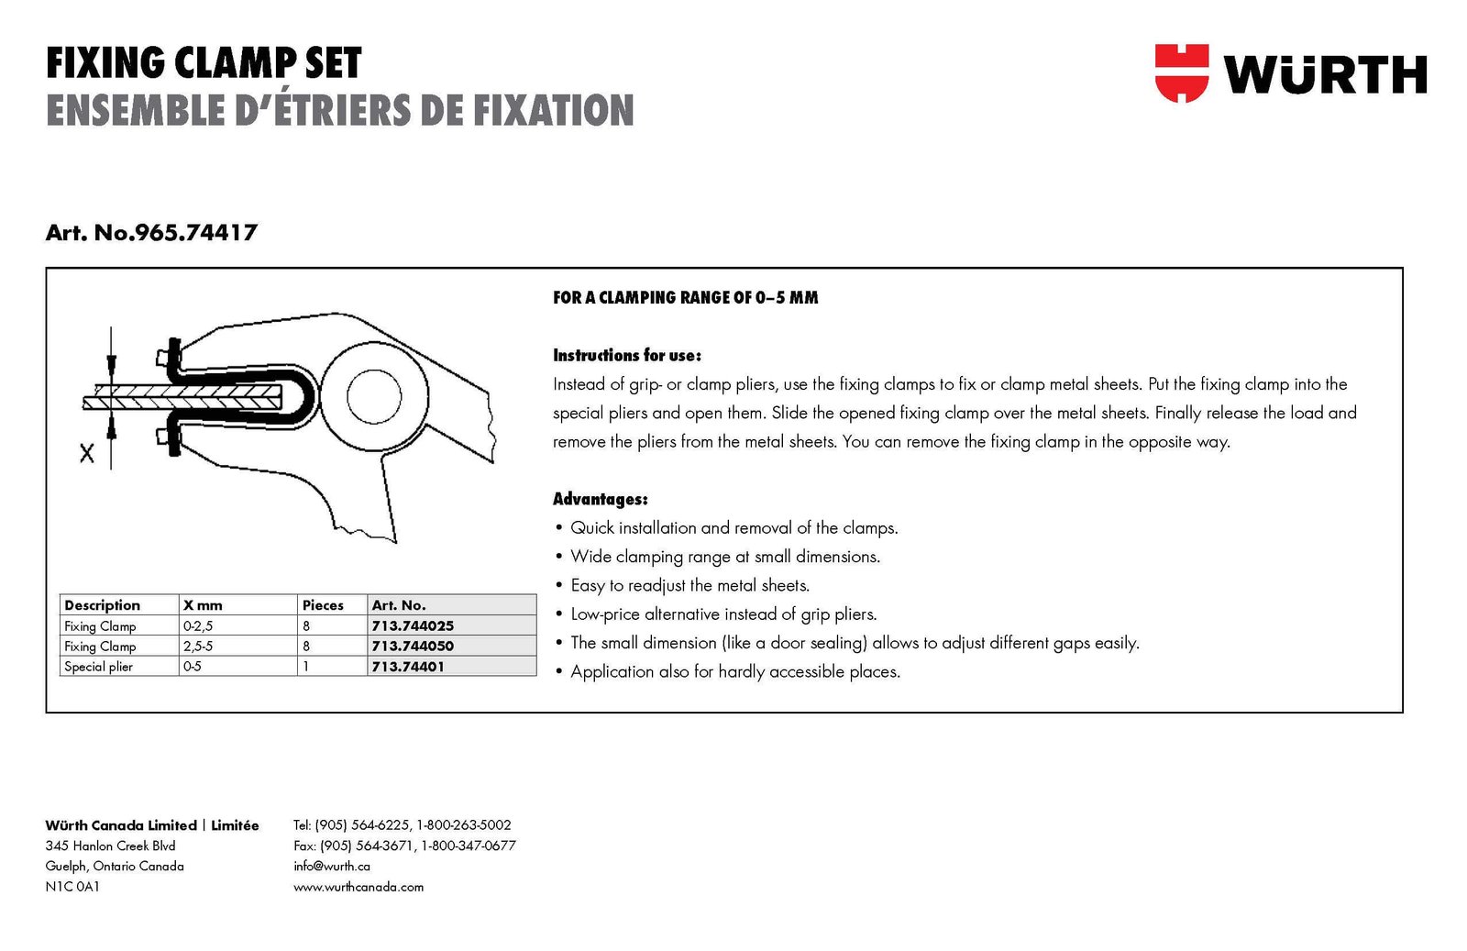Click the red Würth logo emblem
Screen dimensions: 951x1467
(x=1181, y=72)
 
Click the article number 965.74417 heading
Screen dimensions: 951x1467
(x=151, y=233)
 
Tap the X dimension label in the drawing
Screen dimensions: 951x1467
(x=87, y=452)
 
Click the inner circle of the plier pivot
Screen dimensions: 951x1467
(x=374, y=396)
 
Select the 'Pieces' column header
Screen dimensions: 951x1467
(x=323, y=605)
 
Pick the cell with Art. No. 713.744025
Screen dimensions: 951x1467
(x=413, y=625)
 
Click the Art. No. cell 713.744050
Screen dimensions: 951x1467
(x=413, y=646)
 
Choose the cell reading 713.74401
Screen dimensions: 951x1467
(x=407, y=667)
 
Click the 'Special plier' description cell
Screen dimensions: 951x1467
(x=99, y=667)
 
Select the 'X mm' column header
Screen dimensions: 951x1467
(x=203, y=605)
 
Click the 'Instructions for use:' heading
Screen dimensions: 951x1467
(x=627, y=356)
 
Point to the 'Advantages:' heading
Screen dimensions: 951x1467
(x=601, y=500)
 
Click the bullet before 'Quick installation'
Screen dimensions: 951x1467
(x=559, y=527)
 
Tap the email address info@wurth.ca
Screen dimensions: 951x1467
(x=332, y=866)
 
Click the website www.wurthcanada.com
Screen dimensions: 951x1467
(x=358, y=887)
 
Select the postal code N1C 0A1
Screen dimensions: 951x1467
(x=72, y=887)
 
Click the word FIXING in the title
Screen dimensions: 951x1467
(x=105, y=63)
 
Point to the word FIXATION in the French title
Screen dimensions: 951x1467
(x=554, y=110)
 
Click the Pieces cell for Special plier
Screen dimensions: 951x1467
(x=306, y=667)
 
